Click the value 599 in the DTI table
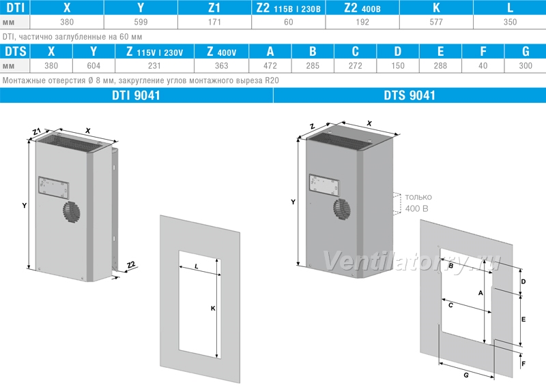pos(141,22)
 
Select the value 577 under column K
pos(436,22)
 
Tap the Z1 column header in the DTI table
pos(214,7)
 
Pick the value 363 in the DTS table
pos(221,65)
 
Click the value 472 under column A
pos(270,65)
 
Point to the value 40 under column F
pos(483,65)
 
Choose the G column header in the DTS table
pos(526,52)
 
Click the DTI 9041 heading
pos(136,95)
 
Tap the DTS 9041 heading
pos(409,95)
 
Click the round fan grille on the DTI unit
pos(72,212)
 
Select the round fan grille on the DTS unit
pos(342,208)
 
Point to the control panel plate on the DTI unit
pos(53,188)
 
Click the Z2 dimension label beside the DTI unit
pos(131,265)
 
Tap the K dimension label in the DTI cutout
pos(213,309)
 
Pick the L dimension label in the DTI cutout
pos(197,266)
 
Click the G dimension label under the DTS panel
pos(466,375)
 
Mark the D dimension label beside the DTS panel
pos(523,281)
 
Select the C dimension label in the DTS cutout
pos(450,305)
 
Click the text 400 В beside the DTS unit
pos(416,208)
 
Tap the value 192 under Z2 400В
pos(362,22)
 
